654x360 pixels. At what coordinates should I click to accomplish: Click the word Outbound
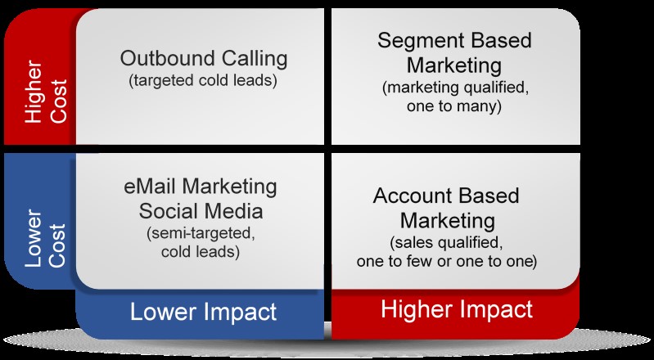click(x=168, y=58)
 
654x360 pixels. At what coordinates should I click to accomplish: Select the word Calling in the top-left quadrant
click(x=255, y=59)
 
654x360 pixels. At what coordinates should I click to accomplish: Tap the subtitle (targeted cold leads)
click(x=203, y=80)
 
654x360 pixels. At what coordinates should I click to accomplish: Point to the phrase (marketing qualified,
click(x=455, y=88)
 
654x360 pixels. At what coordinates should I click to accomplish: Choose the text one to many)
click(x=453, y=106)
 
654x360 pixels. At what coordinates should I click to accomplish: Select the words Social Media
click(x=201, y=211)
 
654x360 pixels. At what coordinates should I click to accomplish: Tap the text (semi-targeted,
click(x=201, y=234)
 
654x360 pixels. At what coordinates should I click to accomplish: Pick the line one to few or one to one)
click(x=446, y=261)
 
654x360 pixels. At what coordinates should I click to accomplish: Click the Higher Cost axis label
click(x=46, y=92)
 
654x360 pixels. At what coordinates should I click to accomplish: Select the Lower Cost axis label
click(x=46, y=238)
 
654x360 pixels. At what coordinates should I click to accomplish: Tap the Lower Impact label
click(x=203, y=312)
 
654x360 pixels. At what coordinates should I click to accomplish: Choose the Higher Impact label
click(x=457, y=310)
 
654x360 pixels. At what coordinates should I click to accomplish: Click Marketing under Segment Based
click(x=453, y=66)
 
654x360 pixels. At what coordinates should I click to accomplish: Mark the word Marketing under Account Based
click(x=448, y=221)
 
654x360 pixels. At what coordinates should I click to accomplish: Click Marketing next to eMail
click(x=228, y=187)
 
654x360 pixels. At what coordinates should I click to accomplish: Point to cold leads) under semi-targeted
click(x=201, y=252)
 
